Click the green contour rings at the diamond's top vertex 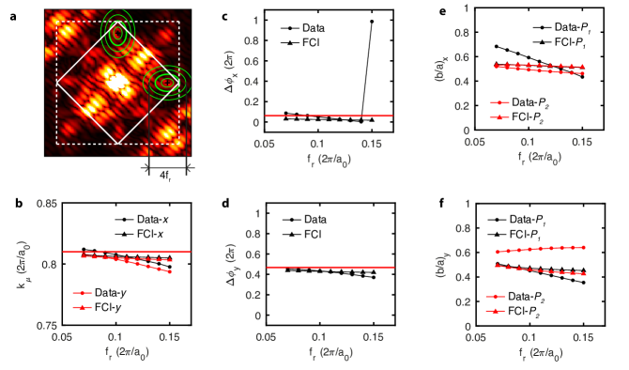click(117, 30)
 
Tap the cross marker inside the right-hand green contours click(167, 83)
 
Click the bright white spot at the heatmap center click(116, 82)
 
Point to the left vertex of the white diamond click(57, 83)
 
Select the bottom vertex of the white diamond click(117, 144)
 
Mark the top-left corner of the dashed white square click(58, 22)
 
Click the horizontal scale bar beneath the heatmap click(167, 168)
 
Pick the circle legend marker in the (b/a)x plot click(499, 102)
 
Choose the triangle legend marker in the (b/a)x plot click(499, 116)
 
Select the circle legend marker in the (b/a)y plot click(496, 297)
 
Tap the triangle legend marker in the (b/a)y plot click(496, 310)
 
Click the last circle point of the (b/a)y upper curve click(584, 247)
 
